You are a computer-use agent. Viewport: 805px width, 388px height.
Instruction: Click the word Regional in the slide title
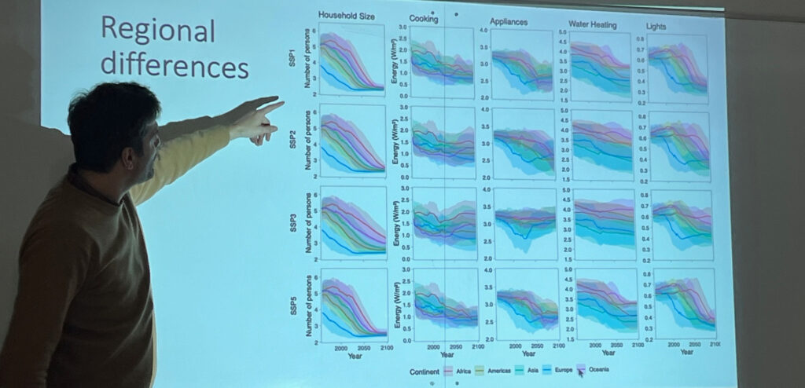coord(158,30)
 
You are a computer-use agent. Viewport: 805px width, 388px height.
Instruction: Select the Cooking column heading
coord(424,18)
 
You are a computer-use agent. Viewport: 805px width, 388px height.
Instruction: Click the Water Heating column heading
coord(596,24)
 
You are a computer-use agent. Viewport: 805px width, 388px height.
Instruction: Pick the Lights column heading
coord(656,26)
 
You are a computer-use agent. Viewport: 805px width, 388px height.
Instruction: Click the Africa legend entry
coord(458,369)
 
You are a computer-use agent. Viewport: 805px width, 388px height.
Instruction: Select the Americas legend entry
coord(497,369)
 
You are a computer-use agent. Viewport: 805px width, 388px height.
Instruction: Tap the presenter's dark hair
coord(110,118)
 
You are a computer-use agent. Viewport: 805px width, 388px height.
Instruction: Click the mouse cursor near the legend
coord(581,374)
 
